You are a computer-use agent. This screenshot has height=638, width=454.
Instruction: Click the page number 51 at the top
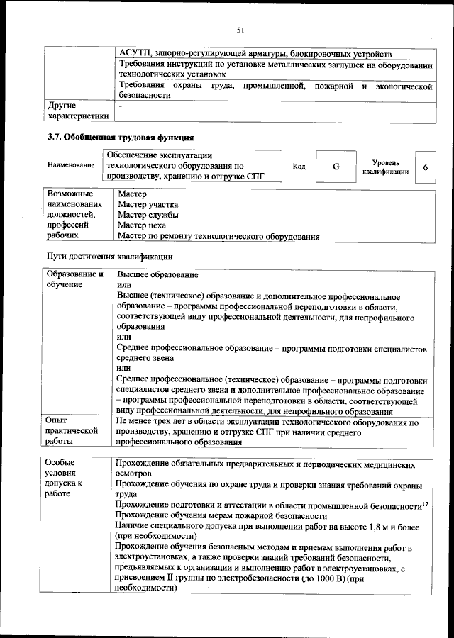tap(240, 30)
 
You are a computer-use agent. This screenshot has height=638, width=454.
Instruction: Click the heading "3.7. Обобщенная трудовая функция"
tap(120, 137)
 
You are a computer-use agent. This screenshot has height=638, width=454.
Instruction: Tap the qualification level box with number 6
tap(425, 167)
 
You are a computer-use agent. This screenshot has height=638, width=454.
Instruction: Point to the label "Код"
tap(299, 167)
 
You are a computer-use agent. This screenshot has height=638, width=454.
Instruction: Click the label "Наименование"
tap(71, 166)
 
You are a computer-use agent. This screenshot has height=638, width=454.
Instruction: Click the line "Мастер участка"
tap(148, 204)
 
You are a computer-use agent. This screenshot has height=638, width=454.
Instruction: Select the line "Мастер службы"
tap(148, 215)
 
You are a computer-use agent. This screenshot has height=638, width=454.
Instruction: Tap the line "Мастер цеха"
tap(142, 225)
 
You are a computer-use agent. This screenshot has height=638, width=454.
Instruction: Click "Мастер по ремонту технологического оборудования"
tap(218, 236)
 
